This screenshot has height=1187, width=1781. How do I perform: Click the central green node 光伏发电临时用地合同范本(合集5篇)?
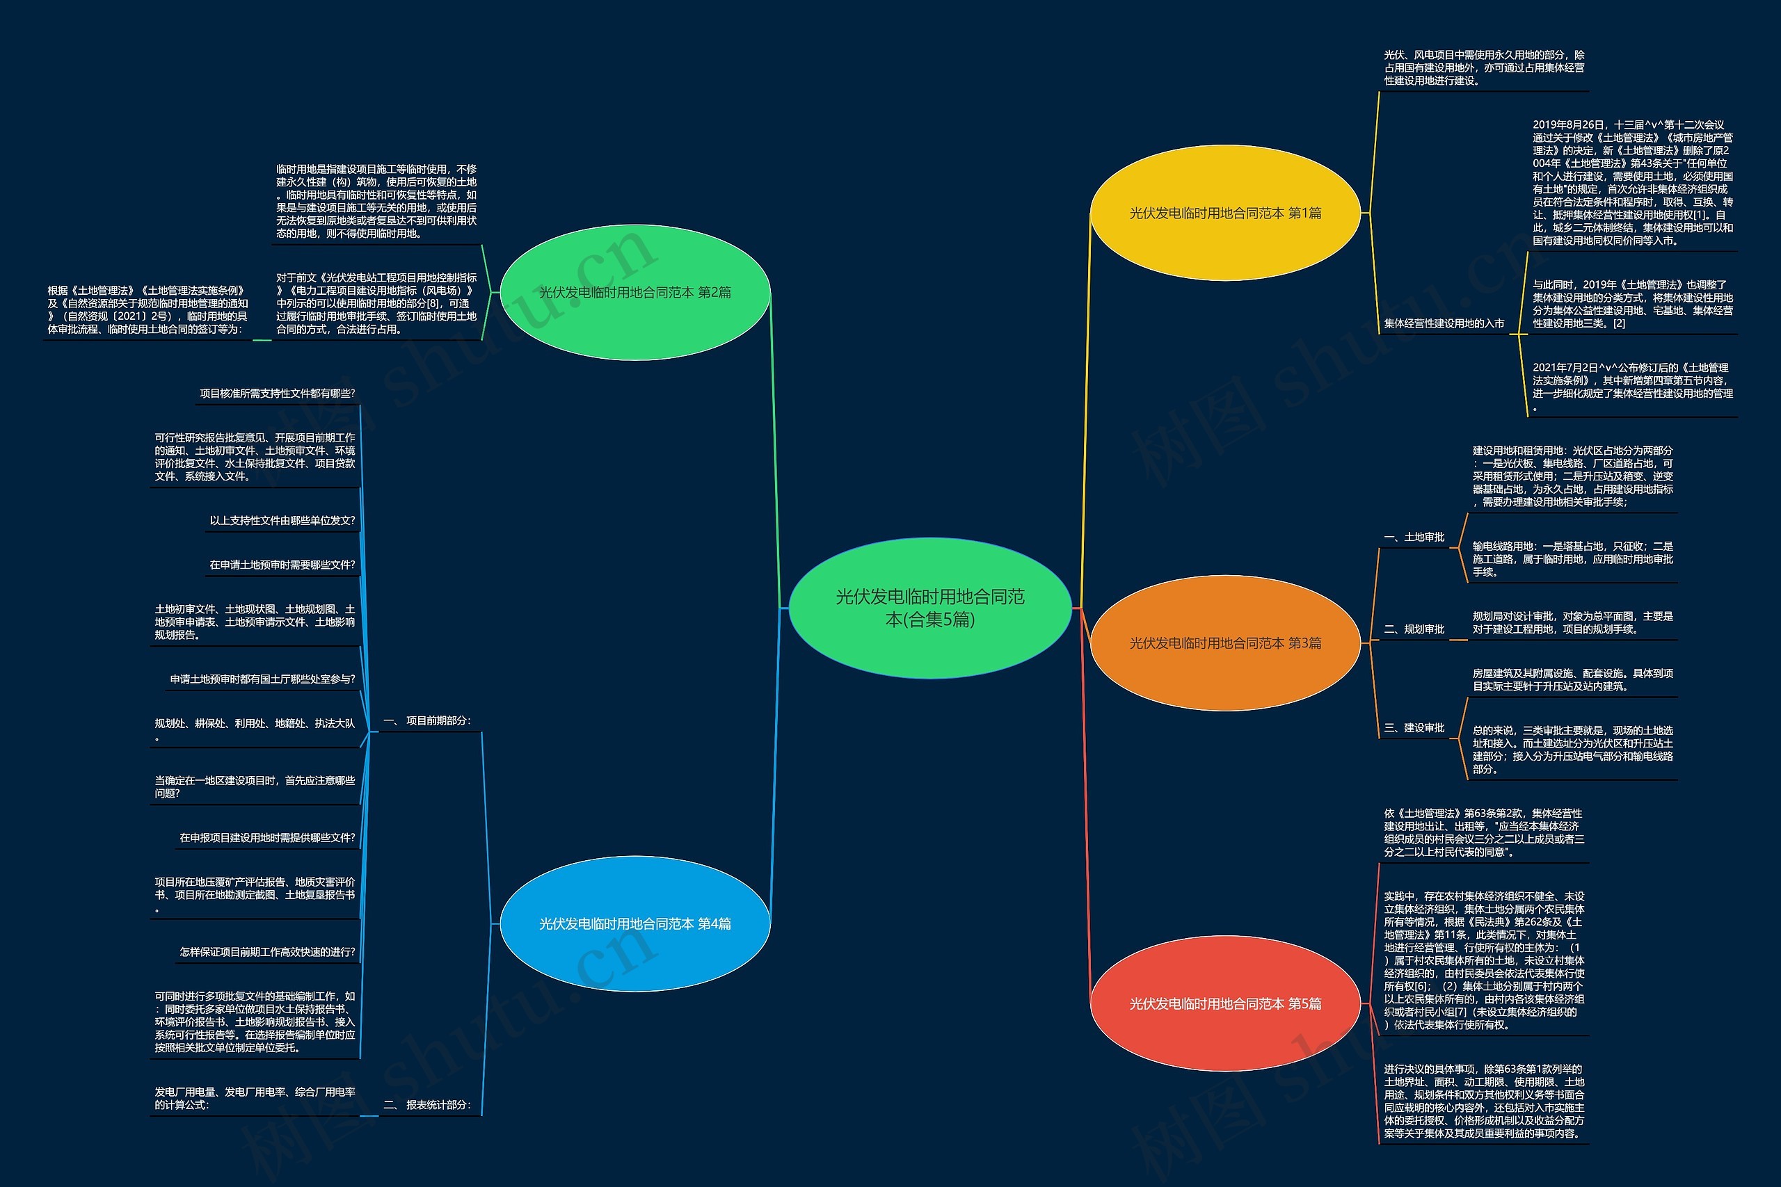coord(930,608)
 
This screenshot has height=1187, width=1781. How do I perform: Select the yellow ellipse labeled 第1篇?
coord(1224,213)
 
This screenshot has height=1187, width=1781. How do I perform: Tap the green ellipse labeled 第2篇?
coord(634,292)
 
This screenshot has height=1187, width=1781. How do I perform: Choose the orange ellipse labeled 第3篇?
coord(1224,643)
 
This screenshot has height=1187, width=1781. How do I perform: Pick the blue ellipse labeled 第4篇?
coord(634,923)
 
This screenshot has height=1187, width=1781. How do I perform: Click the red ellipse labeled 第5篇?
coord(1224,1004)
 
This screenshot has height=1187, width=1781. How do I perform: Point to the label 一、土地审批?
coord(1414,538)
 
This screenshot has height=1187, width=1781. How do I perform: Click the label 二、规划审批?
coord(1414,629)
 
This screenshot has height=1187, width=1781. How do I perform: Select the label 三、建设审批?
coord(1414,728)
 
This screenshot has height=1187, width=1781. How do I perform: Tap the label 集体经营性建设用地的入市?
coord(1444,323)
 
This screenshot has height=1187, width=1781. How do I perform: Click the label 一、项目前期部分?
coord(427,720)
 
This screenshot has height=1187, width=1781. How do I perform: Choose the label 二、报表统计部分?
coord(427,1105)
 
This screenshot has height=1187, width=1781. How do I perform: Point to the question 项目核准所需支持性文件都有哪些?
coord(277,394)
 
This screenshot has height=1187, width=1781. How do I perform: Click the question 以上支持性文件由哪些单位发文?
coord(282,521)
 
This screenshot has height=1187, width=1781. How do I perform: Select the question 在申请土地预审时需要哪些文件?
coord(282,565)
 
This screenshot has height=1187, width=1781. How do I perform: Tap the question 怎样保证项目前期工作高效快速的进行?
coord(267,953)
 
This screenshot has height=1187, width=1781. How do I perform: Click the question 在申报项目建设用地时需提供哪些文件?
coord(267,838)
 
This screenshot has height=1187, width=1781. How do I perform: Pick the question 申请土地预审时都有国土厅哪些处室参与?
coord(262,679)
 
